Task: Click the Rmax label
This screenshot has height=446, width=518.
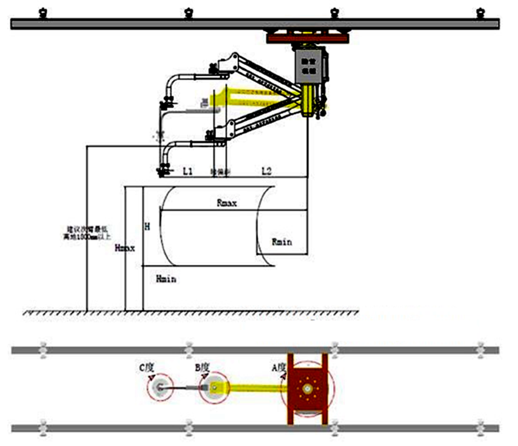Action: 227,203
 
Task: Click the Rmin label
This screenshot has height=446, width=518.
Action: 281,241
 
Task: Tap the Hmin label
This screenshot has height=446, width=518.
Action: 166,279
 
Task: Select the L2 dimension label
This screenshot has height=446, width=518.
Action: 266,170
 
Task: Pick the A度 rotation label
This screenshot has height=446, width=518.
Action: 278,368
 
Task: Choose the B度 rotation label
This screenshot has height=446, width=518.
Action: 202,368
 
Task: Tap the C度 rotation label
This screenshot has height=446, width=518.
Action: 146,368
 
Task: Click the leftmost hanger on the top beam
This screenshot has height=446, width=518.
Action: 43,12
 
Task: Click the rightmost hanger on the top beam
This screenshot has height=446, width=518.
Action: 479,12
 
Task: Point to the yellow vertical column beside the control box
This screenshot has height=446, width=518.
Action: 308,100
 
